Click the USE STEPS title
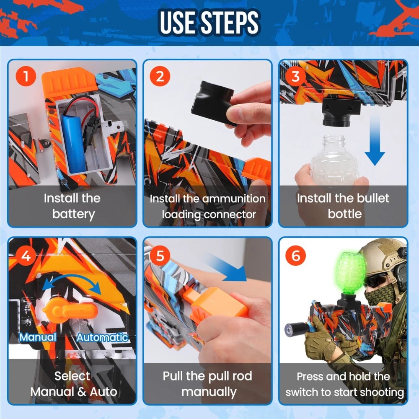click(209, 23)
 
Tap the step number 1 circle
click(26, 76)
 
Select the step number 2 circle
click(160, 76)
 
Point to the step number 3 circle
click(295, 76)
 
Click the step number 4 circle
click(26, 255)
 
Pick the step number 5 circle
click(160, 255)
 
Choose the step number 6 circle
click(295, 255)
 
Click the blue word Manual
click(38, 337)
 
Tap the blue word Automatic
click(102, 337)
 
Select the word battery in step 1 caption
click(73, 214)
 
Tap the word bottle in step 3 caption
click(344, 214)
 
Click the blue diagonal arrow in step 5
click(228, 268)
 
